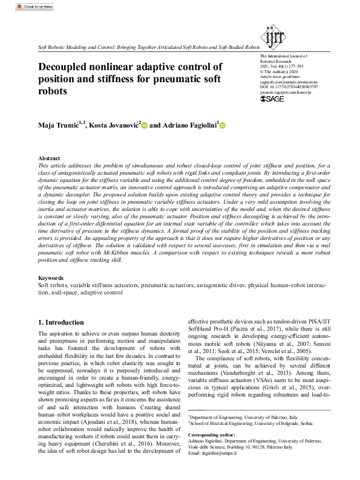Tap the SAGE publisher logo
tap(271, 99)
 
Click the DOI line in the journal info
tap(284, 87)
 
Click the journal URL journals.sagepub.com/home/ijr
tap(284, 92)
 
